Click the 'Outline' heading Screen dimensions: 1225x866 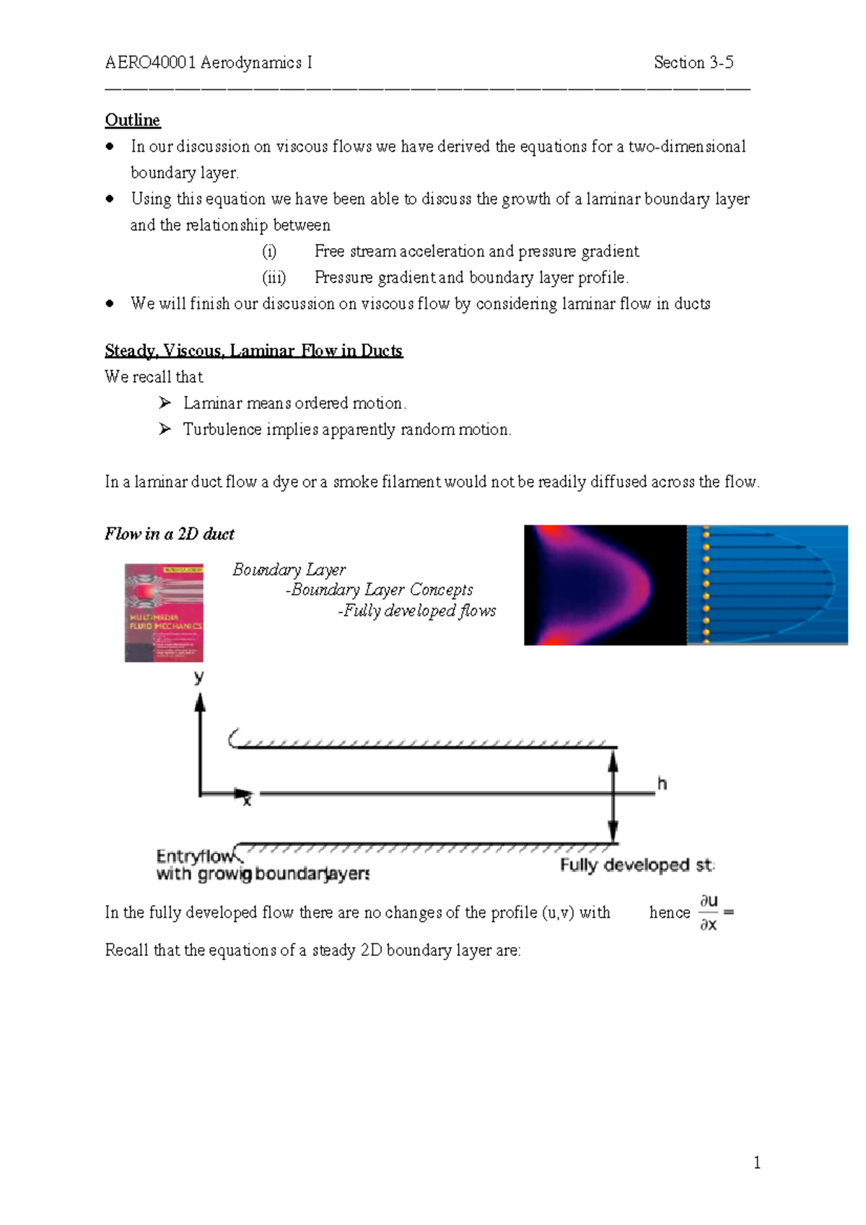coord(133,120)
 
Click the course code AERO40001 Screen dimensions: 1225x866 coord(150,63)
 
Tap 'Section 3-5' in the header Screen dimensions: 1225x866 coord(693,63)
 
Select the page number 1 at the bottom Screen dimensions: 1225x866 coord(756,1162)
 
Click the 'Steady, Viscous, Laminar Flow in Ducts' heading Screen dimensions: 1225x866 coord(253,351)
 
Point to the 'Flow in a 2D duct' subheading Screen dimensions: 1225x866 coord(170,534)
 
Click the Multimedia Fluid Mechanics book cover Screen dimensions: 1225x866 coord(164,613)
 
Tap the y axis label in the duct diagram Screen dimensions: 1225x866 coord(199,677)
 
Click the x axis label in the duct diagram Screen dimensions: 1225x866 coord(247,800)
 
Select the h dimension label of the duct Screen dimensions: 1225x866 coord(662,783)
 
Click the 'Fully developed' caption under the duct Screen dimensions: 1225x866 coord(637,865)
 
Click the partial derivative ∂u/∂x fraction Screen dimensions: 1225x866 coord(709,912)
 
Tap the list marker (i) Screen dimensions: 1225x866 coord(269,251)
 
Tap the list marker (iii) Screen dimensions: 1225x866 coord(274,278)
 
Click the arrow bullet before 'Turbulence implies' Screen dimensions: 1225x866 coord(165,429)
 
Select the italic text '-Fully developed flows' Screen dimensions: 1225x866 coord(416,611)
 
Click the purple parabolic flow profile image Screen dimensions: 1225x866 coord(605,585)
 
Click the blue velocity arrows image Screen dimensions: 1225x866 coord(767,585)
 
